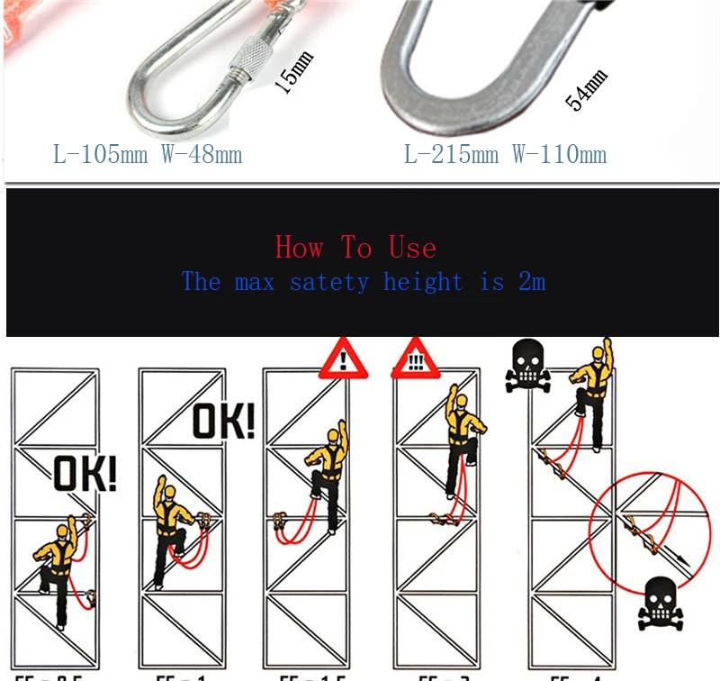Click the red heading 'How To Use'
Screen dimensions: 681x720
click(355, 247)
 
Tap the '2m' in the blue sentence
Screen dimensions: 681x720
click(532, 282)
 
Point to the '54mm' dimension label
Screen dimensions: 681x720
click(586, 88)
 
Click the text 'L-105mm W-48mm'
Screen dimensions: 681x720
click(148, 154)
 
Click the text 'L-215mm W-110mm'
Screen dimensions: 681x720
click(505, 154)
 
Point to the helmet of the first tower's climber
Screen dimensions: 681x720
click(61, 530)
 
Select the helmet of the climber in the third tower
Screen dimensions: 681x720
click(332, 438)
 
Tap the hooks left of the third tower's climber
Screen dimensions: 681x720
click(281, 521)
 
